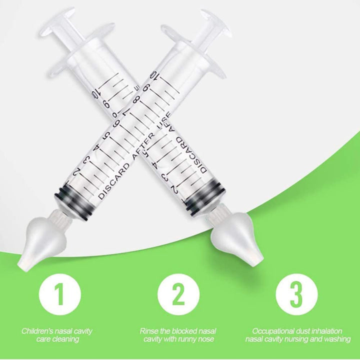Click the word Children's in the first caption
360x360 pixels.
click(x=38, y=331)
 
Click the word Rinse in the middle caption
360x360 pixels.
click(x=148, y=331)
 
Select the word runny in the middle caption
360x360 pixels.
click(x=188, y=339)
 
